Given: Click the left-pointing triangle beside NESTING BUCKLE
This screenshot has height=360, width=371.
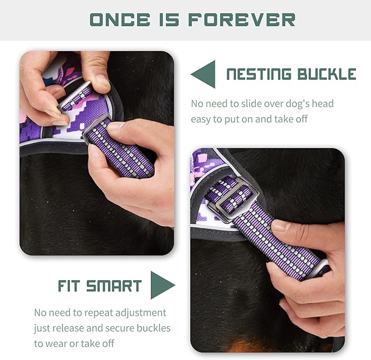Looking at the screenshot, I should click(203, 74).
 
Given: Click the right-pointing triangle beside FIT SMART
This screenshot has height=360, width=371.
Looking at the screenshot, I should click(162, 285).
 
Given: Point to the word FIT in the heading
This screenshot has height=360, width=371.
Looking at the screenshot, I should click(71, 286).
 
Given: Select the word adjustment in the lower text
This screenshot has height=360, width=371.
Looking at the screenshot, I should click(139, 313).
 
